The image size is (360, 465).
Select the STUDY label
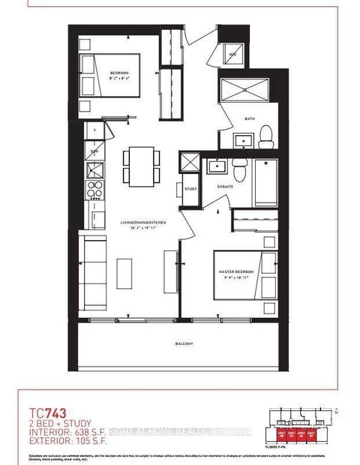pos(190,188)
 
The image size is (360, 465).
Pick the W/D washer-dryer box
pos(232,55)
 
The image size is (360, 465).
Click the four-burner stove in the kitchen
pos(95,188)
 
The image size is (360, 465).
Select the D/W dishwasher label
pos(94,151)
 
